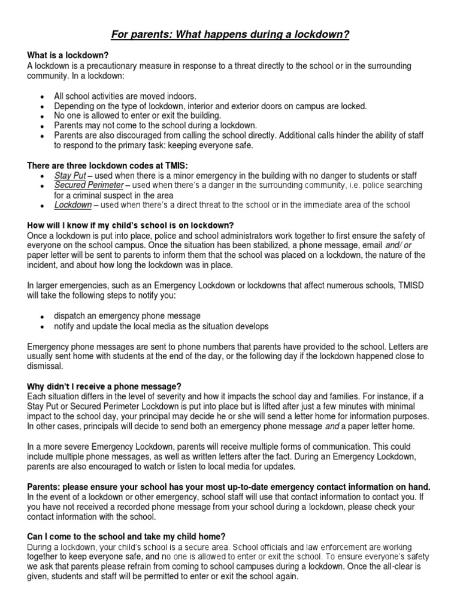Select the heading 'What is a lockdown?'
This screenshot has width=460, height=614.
coord(66,56)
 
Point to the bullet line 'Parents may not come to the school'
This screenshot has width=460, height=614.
coord(147,125)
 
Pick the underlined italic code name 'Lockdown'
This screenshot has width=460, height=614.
coord(73,205)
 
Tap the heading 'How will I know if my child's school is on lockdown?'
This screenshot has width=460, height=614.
coord(130,225)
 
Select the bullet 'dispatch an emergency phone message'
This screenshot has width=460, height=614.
coord(127,316)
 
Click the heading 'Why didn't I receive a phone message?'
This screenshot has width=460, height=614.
coord(104,386)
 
